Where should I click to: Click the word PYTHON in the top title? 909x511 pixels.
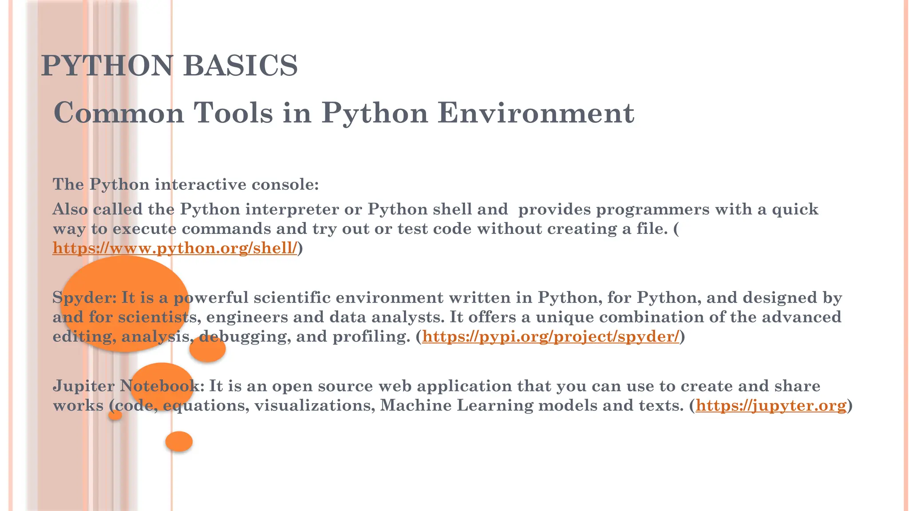tap(107, 66)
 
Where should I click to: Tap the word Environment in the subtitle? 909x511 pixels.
tap(536, 113)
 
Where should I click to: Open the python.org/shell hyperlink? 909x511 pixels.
tap(174, 248)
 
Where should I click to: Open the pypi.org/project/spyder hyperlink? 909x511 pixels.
tap(550, 337)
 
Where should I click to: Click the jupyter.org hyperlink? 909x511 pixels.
tap(771, 405)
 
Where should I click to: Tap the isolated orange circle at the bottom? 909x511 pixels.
tap(179, 441)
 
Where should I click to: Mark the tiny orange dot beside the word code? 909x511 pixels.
tap(115, 415)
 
